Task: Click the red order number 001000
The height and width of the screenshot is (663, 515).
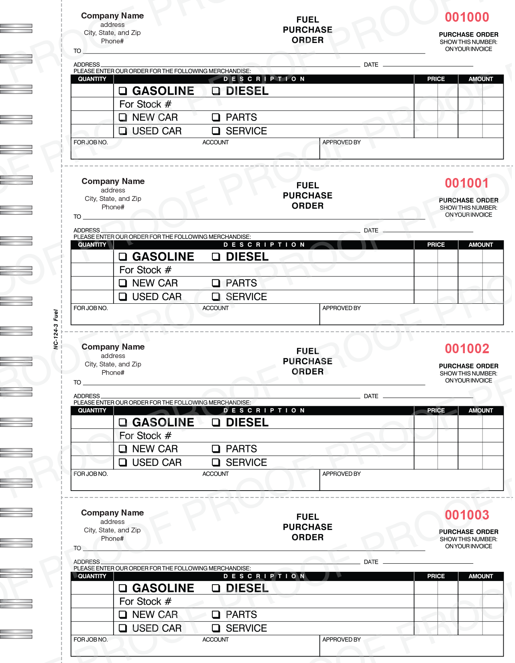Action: (467, 17)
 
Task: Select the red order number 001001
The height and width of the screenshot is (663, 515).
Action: (467, 183)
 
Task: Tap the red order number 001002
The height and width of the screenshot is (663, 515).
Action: (467, 349)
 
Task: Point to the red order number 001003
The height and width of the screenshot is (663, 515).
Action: (467, 515)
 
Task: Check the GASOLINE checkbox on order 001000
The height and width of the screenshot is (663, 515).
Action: (123, 91)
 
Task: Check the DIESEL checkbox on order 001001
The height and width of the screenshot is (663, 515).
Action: (216, 257)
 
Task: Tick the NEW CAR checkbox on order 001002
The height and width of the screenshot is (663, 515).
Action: (123, 449)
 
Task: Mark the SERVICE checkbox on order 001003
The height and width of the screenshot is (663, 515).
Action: (216, 628)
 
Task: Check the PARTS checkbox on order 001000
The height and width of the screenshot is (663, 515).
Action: (216, 117)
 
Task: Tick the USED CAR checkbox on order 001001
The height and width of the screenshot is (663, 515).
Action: (123, 297)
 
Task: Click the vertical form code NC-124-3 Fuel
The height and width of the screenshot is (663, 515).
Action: (56, 329)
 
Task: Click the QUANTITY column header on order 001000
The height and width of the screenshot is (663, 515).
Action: (92, 79)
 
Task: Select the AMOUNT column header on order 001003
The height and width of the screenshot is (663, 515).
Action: (480, 576)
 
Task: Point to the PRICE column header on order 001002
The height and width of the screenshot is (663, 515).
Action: (436, 411)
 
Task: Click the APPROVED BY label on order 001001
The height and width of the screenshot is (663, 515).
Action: (342, 308)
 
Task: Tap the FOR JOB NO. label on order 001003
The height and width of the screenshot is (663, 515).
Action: (91, 640)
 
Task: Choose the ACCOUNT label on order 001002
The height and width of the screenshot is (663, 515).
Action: (216, 474)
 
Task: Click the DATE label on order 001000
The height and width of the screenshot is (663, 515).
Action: (371, 65)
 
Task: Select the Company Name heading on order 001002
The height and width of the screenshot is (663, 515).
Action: (113, 347)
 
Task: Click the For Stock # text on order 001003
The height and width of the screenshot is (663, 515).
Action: (145, 602)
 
